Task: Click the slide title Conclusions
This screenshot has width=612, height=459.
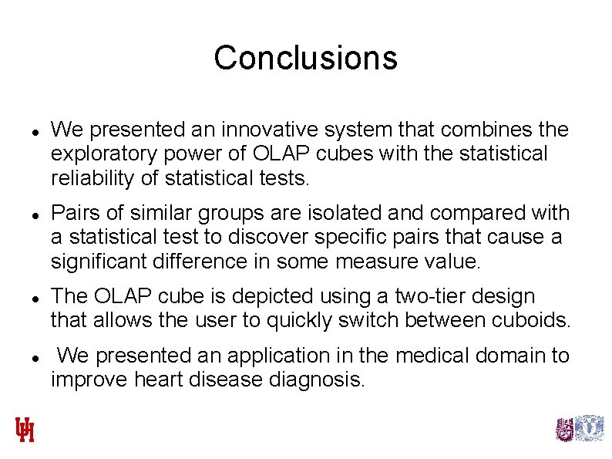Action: tap(305, 58)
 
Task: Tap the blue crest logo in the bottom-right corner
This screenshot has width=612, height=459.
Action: tap(590, 428)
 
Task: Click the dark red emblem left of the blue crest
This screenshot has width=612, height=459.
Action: tap(565, 429)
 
